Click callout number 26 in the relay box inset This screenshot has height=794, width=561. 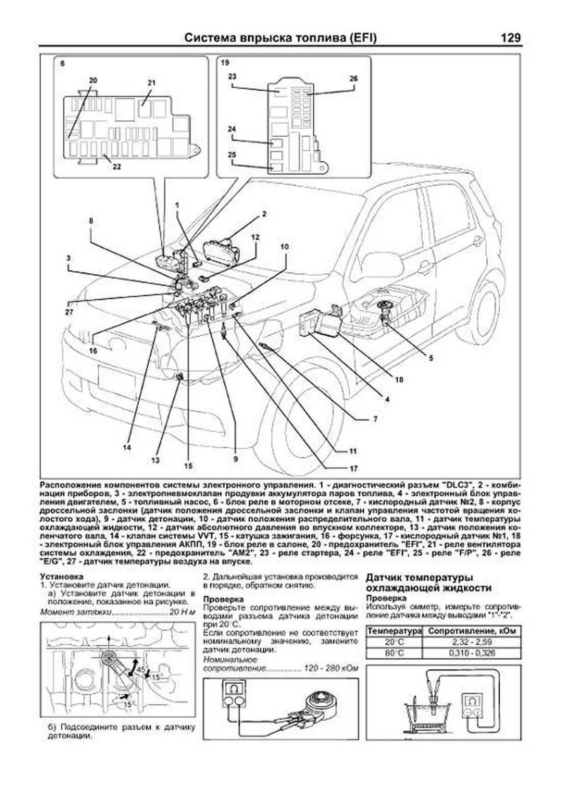click(x=353, y=79)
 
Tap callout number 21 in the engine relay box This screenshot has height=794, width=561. click(x=151, y=82)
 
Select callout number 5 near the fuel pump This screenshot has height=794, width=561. click(x=431, y=358)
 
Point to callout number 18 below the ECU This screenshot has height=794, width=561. click(x=399, y=380)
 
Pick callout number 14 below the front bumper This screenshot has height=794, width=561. click(x=127, y=447)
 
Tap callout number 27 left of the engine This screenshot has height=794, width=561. click(x=69, y=312)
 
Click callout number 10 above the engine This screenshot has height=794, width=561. click(x=285, y=246)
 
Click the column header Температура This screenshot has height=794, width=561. click(x=394, y=631)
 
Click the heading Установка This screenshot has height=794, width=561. click(x=62, y=576)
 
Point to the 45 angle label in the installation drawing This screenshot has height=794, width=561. click(x=140, y=670)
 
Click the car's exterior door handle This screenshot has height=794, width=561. click(x=477, y=242)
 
